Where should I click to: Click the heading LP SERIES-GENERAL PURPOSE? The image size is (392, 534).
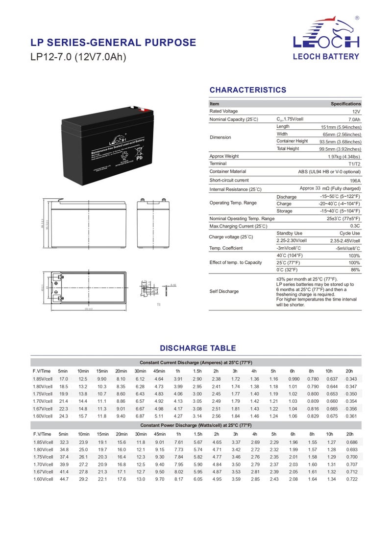pos(113,43)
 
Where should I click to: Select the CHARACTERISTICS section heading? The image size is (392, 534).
pos(248,90)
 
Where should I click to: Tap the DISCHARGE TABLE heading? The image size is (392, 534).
pos(198,348)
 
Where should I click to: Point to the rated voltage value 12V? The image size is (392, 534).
pos(356,112)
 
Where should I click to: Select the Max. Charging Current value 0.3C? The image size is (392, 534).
pos(355,226)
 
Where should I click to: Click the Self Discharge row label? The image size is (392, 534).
pos(224,291)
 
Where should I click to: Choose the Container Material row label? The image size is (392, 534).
pos(228,171)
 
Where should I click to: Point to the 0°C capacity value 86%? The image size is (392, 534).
pos(355,270)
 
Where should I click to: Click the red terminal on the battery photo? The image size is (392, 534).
pos(142,110)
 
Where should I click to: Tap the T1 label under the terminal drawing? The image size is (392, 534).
pos(159,304)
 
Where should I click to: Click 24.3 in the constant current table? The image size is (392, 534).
pos(64,416)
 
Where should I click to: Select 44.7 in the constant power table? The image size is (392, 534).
pos(64,479)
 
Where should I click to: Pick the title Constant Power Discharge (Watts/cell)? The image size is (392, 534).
pos(196,425)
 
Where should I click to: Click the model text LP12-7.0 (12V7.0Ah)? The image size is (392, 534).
pos(78,57)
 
